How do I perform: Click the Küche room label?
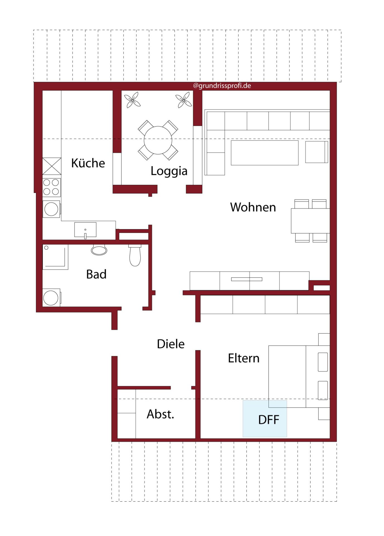click(x=88, y=163)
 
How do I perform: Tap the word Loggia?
click(x=169, y=171)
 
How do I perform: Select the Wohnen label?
click(x=253, y=207)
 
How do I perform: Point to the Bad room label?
click(x=96, y=274)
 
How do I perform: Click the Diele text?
click(x=171, y=344)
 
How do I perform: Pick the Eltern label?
click(x=244, y=358)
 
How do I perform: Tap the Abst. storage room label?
click(x=160, y=414)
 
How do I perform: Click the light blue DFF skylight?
click(x=265, y=419)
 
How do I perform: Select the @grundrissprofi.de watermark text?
click(x=222, y=86)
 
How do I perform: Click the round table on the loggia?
click(x=158, y=140)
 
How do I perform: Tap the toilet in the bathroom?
click(x=135, y=255)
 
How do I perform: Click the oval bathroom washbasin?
click(x=99, y=250)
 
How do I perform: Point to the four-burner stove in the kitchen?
click(x=51, y=187)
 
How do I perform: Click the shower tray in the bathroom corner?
click(x=55, y=257)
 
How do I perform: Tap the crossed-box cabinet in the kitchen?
click(x=52, y=166)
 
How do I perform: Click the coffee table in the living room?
click(x=265, y=153)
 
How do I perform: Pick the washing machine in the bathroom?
click(x=51, y=298)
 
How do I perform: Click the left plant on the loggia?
click(x=132, y=100)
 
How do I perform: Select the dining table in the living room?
click(x=310, y=221)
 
